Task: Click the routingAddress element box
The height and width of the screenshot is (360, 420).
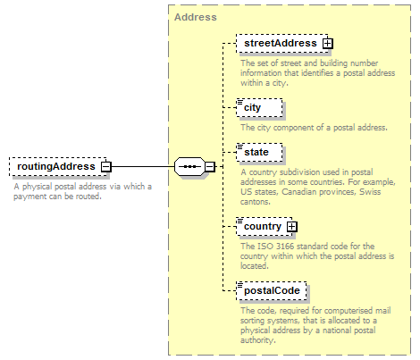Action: coord(58,166)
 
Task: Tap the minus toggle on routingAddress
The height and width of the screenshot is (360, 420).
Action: coord(105,167)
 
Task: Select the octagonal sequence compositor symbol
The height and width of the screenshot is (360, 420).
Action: coord(189,166)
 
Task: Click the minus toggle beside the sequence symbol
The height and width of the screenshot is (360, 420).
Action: coord(210,166)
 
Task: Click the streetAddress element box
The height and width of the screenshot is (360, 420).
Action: coord(282,44)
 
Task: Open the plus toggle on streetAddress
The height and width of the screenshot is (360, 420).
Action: coord(328,44)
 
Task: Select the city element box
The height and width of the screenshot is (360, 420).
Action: coord(259,108)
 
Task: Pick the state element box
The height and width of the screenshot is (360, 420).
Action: coord(259,153)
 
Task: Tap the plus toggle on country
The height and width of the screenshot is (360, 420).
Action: coord(292,227)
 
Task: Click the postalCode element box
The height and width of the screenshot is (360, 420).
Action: coord(272,291)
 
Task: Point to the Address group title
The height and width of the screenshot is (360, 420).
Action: coord(196,17)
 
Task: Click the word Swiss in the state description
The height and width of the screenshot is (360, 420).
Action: coord(370,192)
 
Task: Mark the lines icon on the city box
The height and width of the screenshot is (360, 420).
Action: coord(239,102)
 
